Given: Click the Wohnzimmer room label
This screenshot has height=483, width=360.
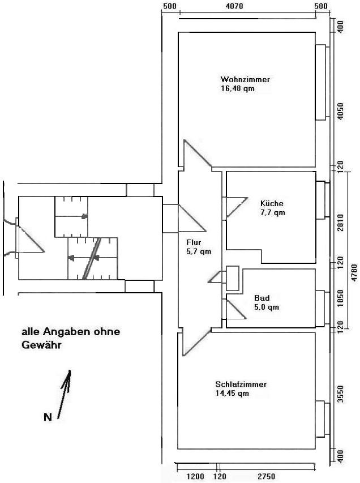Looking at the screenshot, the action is [245, 79].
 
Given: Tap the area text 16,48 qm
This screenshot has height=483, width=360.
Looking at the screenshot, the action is [237, 89].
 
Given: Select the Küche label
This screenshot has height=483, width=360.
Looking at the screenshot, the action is [272, 203].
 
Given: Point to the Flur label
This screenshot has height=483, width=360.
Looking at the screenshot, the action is [194, 242].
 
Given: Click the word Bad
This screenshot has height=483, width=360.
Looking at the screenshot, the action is [262, 298].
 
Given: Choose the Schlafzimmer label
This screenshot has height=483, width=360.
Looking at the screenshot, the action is [241, 384].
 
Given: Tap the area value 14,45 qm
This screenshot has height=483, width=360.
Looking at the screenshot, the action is [232, 394].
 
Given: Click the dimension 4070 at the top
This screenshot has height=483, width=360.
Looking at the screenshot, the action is [234, 6].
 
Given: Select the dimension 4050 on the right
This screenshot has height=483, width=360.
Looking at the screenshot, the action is [340, 111].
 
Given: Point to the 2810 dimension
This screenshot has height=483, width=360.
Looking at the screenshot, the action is [340, 223].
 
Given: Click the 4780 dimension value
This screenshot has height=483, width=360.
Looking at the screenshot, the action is [354, 272].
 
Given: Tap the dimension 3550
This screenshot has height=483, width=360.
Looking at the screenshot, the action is [340, 394].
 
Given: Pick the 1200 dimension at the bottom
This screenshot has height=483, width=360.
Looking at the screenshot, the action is [195, 477].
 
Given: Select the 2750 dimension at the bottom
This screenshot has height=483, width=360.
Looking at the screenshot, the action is [267, 477].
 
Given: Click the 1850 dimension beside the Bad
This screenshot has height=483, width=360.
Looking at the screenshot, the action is [340, 298].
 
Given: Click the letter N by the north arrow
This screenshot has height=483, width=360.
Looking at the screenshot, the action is [48, 417].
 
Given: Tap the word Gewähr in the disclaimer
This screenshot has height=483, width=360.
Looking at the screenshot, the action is [41, 345].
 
